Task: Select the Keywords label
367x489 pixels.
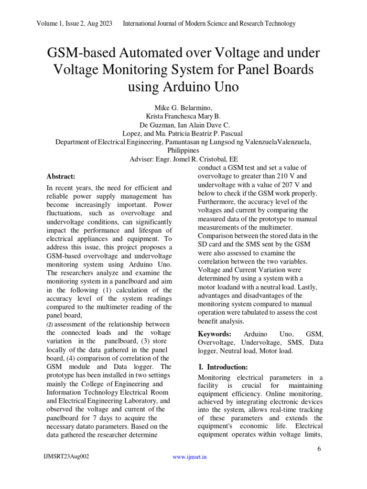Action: (215, 334)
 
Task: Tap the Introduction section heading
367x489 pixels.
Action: (223, 367)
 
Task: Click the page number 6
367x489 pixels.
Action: (319, 449)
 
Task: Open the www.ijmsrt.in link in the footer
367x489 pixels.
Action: (190, 457)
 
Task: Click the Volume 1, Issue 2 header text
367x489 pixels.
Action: (74, 23)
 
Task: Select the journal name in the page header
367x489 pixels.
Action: (209, 23)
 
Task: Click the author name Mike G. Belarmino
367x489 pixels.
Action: (183, 107)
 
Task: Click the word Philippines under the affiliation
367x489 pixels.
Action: (183, 150)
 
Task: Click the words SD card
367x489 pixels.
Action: (211, 244)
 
